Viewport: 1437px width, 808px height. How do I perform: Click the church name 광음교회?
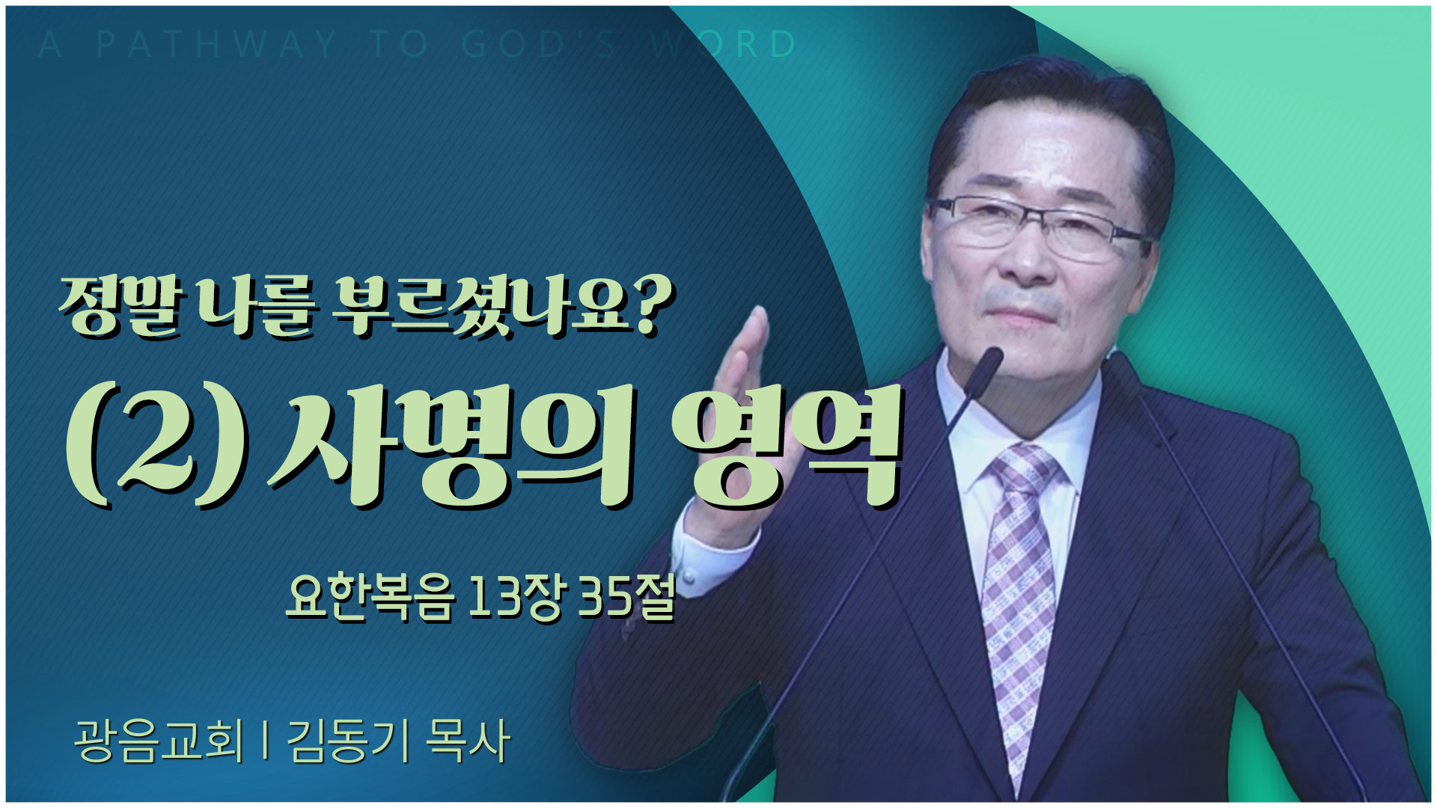[x=159, y=740]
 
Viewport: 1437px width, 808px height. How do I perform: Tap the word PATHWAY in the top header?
[x=216, y=44]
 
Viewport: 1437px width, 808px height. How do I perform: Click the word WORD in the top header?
[x=722, y=44]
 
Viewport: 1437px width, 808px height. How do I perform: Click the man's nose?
[x=1022, y=258]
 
